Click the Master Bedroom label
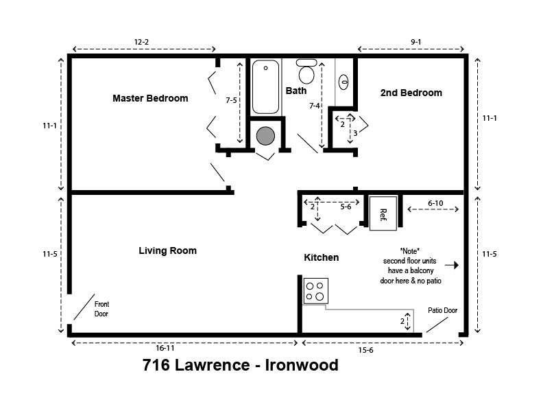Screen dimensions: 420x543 click(x=150, y=98)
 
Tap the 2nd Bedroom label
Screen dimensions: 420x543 click(x=411, y=93)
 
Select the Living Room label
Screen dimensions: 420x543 click(x=167, y=250)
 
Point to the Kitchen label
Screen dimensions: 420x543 click(x=322, y=257)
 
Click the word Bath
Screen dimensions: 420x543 click(x=296, y=90)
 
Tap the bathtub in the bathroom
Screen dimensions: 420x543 click(x=266, y=87)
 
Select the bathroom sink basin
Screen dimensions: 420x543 click(x=344, y=82)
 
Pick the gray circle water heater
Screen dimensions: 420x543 click(x=265, y=135)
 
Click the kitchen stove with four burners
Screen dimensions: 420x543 click(x=315, y=290)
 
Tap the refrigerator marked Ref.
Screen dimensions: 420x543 click(x=383, y=213)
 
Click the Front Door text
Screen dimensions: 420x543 click(x=101, y=309)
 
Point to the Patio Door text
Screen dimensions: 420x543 click(x=442, y=310)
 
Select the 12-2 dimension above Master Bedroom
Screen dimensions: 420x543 click(x=141, y=43)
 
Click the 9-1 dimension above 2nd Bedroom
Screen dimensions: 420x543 click(x=415, y=43)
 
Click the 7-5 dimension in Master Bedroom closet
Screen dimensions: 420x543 click(x=232, y=100)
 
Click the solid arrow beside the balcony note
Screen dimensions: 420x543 click(x=450, y=264)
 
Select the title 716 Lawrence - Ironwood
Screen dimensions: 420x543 click(x=241, y=365)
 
